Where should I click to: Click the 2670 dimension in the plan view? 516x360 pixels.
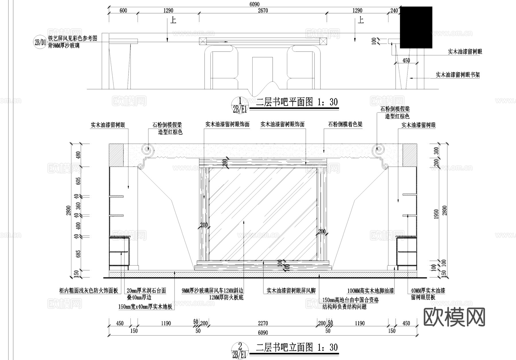coord(263,11)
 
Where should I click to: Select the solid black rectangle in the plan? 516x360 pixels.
coord(416,27)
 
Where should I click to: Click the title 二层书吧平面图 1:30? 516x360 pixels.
coord(297,102)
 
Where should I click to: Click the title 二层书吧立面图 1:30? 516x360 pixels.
coord(297,348)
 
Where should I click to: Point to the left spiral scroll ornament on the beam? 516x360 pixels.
coord(147,149)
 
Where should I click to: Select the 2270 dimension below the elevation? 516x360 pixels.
coord(263,323)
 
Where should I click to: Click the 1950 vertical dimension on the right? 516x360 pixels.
coord(436,214)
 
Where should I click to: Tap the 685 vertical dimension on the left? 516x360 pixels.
coord(78,254)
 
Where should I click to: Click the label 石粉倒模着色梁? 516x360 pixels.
coord(345,124)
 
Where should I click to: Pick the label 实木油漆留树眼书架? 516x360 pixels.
coord(458,75)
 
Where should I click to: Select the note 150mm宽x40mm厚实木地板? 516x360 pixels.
coord(145,307)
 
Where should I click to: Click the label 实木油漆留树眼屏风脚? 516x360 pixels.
coord(291,291)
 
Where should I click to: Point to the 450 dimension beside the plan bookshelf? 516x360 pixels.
coord(406,61)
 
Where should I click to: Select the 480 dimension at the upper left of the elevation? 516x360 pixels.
coord(78,155)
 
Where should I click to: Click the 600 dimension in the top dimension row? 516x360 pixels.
coord(123,11)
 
